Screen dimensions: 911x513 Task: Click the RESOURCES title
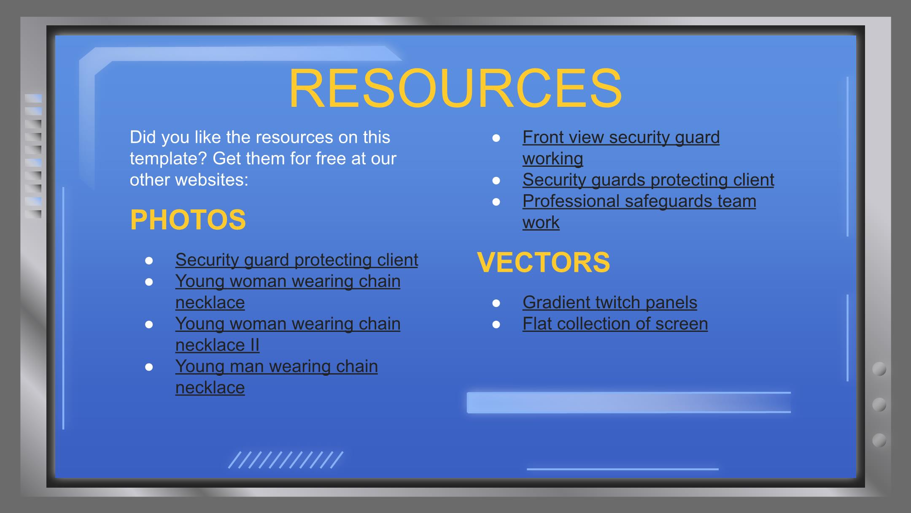coord(455,89)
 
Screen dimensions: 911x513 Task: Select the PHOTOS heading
coord(188,220)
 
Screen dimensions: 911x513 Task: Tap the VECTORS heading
coord(543,262)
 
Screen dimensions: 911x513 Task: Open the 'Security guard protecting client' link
coord(296,260)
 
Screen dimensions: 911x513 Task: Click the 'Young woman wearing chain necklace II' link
coord(288,334)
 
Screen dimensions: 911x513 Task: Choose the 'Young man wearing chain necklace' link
coord(276,377)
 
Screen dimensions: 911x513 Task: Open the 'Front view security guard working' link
coord(621,148)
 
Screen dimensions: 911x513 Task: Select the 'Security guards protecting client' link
coord(648,180)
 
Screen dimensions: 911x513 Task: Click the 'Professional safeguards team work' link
coord(639,212)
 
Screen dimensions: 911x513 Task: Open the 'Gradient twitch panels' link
coord(609,302)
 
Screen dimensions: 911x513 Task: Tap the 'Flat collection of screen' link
coord(615,324)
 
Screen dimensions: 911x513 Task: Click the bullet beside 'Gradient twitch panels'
coord(496,303)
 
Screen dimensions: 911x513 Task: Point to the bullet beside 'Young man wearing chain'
coord(149,367)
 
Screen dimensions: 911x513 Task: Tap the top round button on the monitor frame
coord(879,369)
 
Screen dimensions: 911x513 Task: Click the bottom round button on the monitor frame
coord(879,440)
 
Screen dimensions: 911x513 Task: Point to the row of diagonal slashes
coord(286,460)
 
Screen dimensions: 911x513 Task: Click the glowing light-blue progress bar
coord(628,402)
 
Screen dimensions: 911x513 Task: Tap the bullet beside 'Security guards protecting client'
coord(496,181)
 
